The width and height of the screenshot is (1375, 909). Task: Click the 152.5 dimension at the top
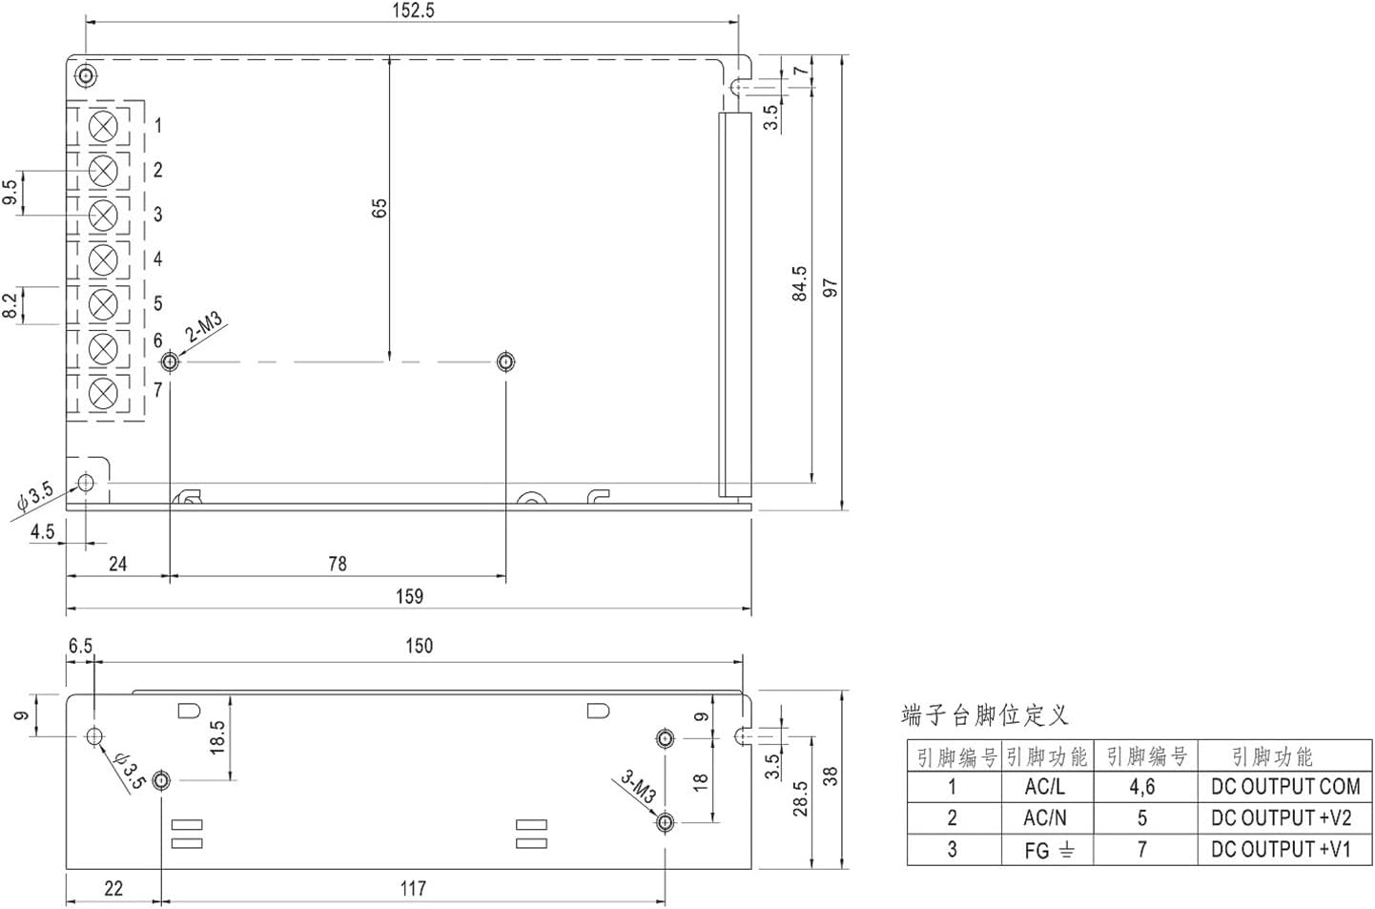(413, 10)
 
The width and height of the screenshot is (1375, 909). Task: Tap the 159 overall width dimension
(409, 596)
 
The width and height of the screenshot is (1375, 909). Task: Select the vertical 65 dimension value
(380, 209)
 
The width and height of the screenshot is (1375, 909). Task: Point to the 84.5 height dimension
(799, 283)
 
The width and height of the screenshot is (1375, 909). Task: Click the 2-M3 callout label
(204, 326)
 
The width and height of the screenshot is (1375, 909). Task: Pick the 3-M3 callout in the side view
(638, 786)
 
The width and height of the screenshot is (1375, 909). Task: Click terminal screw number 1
(103, 126)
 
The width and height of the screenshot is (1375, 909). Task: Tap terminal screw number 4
(103, 259)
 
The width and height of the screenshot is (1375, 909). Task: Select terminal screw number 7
(103, 392)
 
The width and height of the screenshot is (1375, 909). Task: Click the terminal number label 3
(158, 215)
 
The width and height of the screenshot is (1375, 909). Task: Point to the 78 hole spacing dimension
(338, 564)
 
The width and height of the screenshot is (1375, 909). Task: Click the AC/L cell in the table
(1045, 787)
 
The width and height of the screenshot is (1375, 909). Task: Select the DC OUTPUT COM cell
(1284, 787)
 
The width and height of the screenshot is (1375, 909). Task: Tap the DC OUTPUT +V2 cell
(1281, 818)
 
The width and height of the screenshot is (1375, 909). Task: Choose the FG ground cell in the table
(1048, 850)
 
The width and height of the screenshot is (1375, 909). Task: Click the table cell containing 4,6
(1142, 787)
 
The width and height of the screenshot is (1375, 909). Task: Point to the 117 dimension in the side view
(413, 889)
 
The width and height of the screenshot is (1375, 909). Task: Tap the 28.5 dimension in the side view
(800, 798)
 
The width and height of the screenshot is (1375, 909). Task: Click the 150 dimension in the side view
(419, 646)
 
